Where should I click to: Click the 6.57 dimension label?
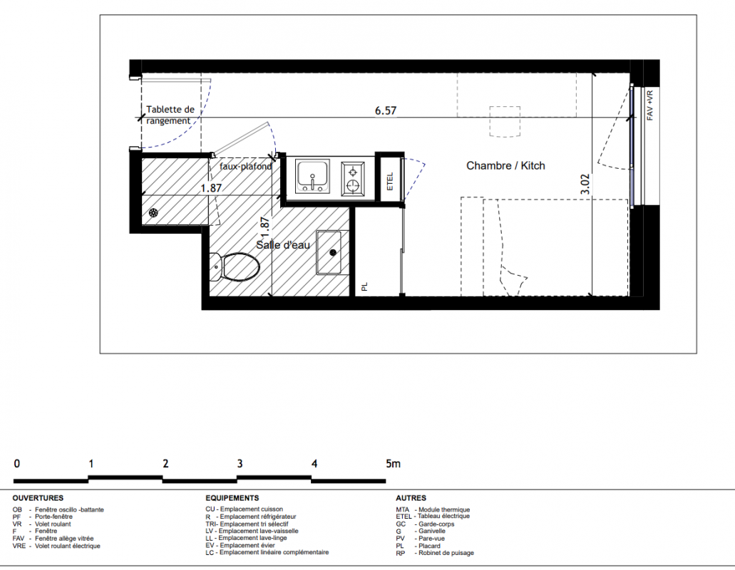click(x=385, y=110)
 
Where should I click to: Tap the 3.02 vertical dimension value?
click(x=585, y=185)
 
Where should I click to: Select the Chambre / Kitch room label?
click(x=505, y=166)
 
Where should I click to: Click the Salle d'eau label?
click(x=282, y=245)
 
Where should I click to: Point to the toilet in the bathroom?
click(x=235, y=267)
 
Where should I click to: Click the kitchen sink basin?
click(x=312, y=176)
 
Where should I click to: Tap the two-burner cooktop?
click(x=353, y=178)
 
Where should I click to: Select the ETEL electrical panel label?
click(x=389, y=182)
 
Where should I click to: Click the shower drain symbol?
click(x=153, y=213)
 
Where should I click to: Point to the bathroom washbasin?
click(x=332, y=252)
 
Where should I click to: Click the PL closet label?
click(x=365, y=286)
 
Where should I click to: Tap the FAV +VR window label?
click(x=649, y=105)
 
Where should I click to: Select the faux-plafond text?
click(x=246, y=166)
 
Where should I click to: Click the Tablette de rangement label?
click(x=170, y=115)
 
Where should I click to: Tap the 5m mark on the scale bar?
click(x=394, y=464)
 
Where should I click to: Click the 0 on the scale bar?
click(x=17, y=464)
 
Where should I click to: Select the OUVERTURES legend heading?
click(x=38, y=498)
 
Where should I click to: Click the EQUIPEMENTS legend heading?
click(x=232, y=498)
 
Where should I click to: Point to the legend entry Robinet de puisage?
click(x=435, y=553)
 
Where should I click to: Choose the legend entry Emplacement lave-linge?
click(x=246, y=538)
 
